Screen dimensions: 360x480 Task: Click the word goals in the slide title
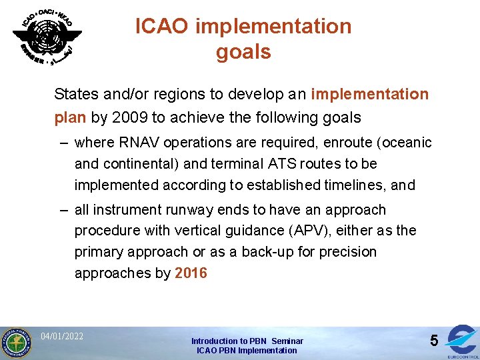pos(243,52)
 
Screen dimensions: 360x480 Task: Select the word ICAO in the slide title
pos(162,27)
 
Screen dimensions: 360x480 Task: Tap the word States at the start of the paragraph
pos(76,94)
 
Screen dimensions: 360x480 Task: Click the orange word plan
pos(70,118)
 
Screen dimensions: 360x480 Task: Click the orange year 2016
pos(191,273)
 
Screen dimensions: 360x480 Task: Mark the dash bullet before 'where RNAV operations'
pos(63,143)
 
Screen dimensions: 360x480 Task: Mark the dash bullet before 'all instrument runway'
pos(63,210)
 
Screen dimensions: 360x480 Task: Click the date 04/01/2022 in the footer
pos(62,336)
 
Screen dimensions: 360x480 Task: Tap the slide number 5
pos(433,341)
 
